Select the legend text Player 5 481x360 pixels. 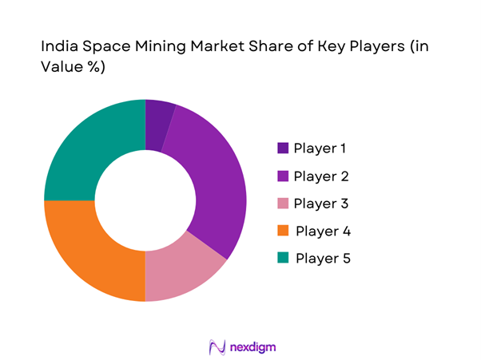(323, 259)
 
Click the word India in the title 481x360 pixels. (57, 47)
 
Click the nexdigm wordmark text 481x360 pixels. (252, 346)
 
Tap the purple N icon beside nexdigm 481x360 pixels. (215, 346)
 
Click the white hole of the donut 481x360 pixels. (145, 200)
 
